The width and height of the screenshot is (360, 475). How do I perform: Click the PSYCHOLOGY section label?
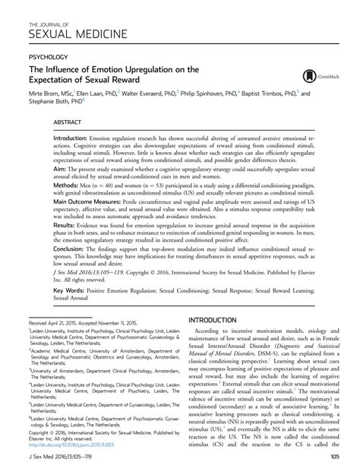point(47,55)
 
